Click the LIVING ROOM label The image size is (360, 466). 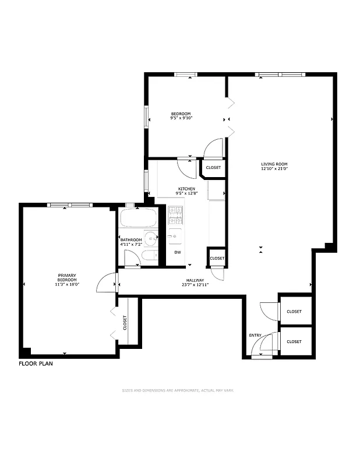tap(274, 164)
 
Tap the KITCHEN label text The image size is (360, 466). tap(186, 188)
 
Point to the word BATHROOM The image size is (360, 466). tap(131, 240)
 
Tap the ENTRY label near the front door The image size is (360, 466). tap(255, 335)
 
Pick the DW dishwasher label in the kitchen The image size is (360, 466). tap(178, 252)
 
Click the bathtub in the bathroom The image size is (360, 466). tap(138, 220)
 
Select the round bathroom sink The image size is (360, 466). tap(152, 238)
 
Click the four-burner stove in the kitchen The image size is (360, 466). tap(175, 216)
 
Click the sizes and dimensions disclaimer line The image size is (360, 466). tap(178, 391)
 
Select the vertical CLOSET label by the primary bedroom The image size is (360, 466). tap(125, 322)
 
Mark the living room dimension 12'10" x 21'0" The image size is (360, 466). tap(274, 170)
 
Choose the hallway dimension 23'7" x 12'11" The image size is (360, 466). tap(195, 285)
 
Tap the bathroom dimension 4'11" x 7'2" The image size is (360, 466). tap(131, 245)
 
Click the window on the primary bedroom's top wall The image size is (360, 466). tap(70, 204)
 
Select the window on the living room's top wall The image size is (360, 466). tap(280, 75)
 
